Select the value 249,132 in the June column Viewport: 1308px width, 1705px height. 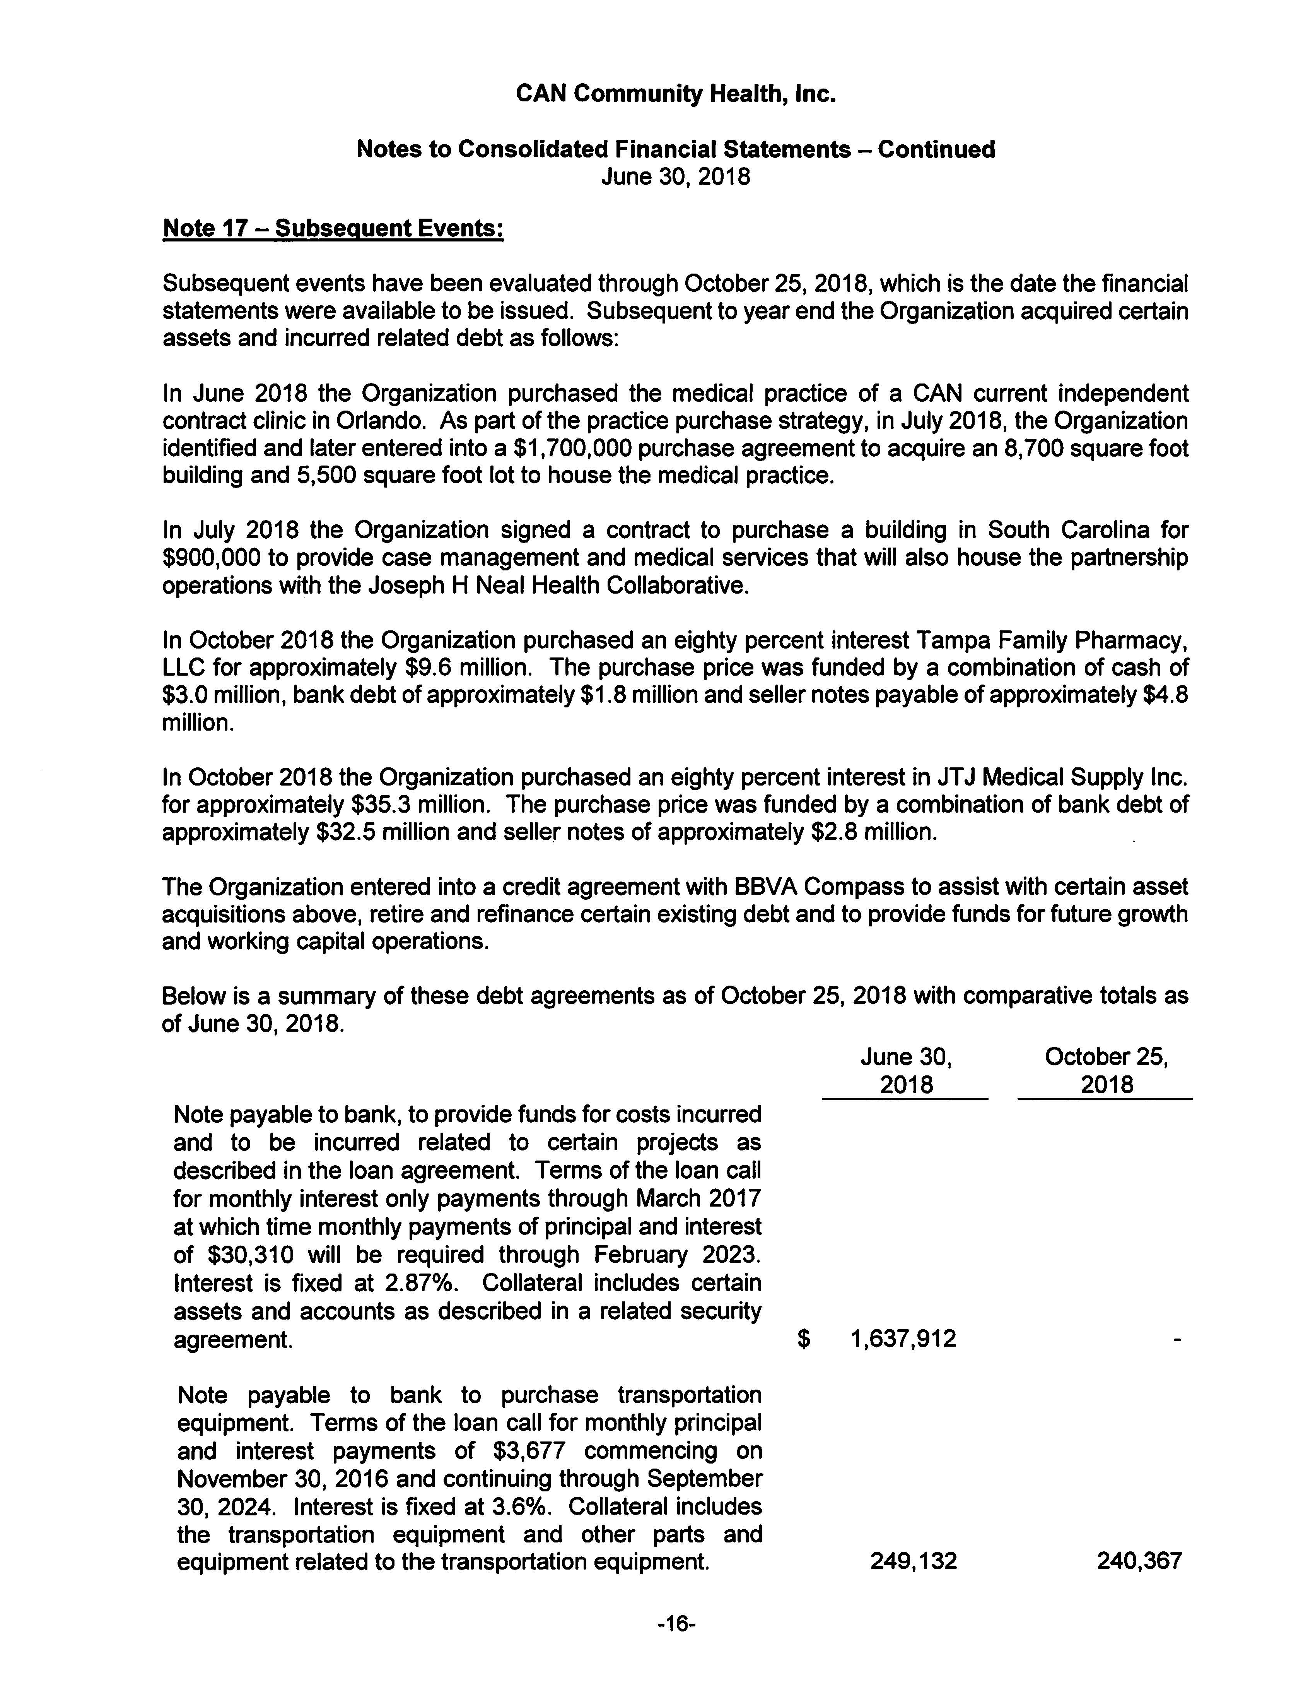click(913, 1561)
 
